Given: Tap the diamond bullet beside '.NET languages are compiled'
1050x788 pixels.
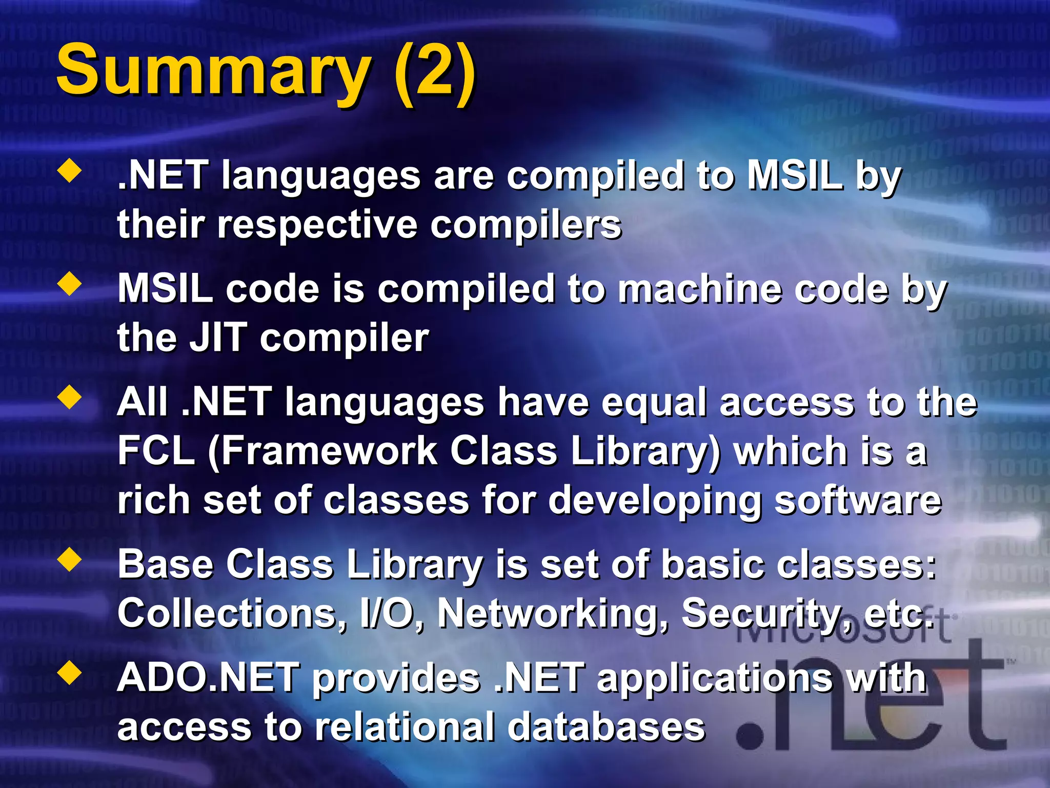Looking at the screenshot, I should pos(70,171).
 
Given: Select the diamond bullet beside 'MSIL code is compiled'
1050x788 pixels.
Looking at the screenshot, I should pos(70,284).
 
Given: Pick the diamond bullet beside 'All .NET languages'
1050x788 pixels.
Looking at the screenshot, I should pos(70,398).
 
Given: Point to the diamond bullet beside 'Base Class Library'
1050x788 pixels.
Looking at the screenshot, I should pos(70,560).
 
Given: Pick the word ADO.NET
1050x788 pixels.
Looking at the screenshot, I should pos(208,677).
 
